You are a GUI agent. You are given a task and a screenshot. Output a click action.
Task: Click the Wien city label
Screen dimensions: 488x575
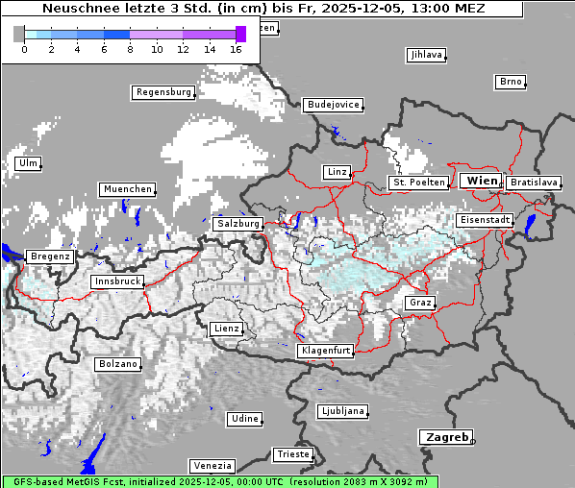483,181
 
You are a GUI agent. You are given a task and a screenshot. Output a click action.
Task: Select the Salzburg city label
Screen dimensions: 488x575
238,223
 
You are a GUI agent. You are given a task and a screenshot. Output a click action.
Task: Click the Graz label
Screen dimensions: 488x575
420,303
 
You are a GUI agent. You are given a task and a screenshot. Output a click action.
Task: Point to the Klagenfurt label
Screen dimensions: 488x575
325,351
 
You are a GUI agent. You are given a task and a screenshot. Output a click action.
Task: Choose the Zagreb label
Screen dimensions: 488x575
446,437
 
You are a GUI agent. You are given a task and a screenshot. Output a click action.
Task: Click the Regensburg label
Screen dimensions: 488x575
163,93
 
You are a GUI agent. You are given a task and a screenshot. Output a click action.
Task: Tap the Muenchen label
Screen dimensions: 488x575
127,189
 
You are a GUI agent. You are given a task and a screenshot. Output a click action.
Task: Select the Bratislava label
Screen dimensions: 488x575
534,182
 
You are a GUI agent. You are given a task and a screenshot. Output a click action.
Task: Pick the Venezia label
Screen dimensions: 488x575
212,465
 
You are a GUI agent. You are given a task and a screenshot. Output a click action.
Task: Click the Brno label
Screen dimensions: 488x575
511,82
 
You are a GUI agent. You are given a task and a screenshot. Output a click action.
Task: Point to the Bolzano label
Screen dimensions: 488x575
118,364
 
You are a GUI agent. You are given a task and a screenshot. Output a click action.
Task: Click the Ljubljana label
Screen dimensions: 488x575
343,411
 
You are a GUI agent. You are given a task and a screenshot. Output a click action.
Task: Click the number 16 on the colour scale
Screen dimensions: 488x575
237,48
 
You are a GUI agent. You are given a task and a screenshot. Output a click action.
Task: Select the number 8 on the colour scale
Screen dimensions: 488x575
130,48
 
